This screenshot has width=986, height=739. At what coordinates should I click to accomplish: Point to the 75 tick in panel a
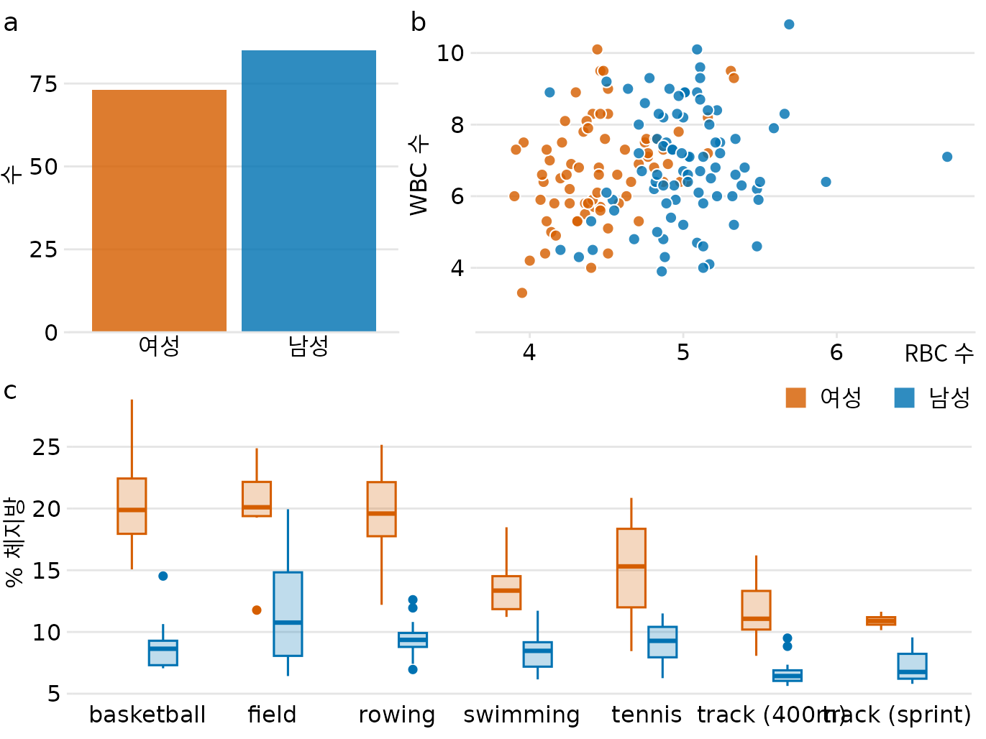(44, 84)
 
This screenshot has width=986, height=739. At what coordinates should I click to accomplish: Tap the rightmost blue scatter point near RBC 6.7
(947, 157)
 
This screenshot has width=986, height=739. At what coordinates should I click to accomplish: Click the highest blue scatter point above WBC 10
(789, 24)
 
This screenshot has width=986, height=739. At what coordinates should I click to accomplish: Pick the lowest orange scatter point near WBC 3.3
(522, 293)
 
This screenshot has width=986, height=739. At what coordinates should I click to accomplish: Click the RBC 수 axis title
(939, 354)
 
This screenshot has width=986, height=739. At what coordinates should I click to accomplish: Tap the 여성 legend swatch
(795, 398)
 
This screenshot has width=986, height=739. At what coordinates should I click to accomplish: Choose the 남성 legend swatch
(904, 398)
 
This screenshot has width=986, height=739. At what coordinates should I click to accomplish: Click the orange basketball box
(132, 506)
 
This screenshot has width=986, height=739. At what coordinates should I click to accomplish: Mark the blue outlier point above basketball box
(163, 576)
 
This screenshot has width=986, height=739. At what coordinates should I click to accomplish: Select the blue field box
(288, 614)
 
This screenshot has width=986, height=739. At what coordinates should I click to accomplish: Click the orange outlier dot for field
(257, 610)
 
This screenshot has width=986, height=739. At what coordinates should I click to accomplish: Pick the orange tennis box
(631, 568)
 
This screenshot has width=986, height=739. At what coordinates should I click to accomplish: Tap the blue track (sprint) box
(912, 666)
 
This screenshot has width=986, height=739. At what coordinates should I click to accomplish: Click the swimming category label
(521, 715)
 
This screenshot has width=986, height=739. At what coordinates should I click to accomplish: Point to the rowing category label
(397, 715)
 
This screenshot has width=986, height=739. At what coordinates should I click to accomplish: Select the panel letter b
(418, 23)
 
